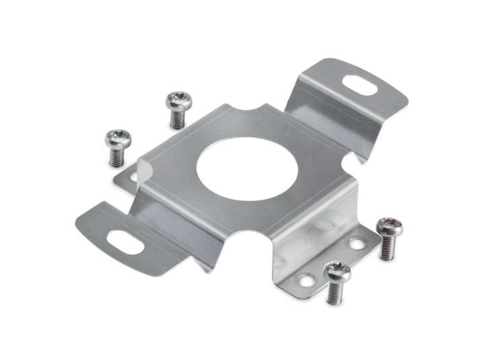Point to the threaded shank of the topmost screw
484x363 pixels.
click(178, 119)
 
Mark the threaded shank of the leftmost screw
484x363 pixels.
click(116, 156)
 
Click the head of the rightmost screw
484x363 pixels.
click(389, 226)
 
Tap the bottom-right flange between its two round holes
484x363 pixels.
click(331, 259)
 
